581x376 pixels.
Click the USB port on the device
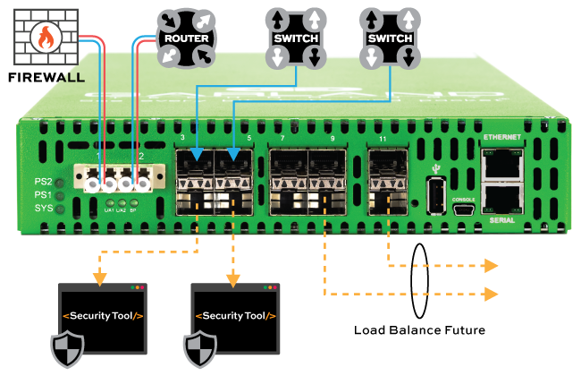pos(436,195)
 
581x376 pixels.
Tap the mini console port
pos(464,210)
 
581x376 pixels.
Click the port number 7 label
pos(282,140)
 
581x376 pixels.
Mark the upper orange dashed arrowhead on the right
pos(491,266)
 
